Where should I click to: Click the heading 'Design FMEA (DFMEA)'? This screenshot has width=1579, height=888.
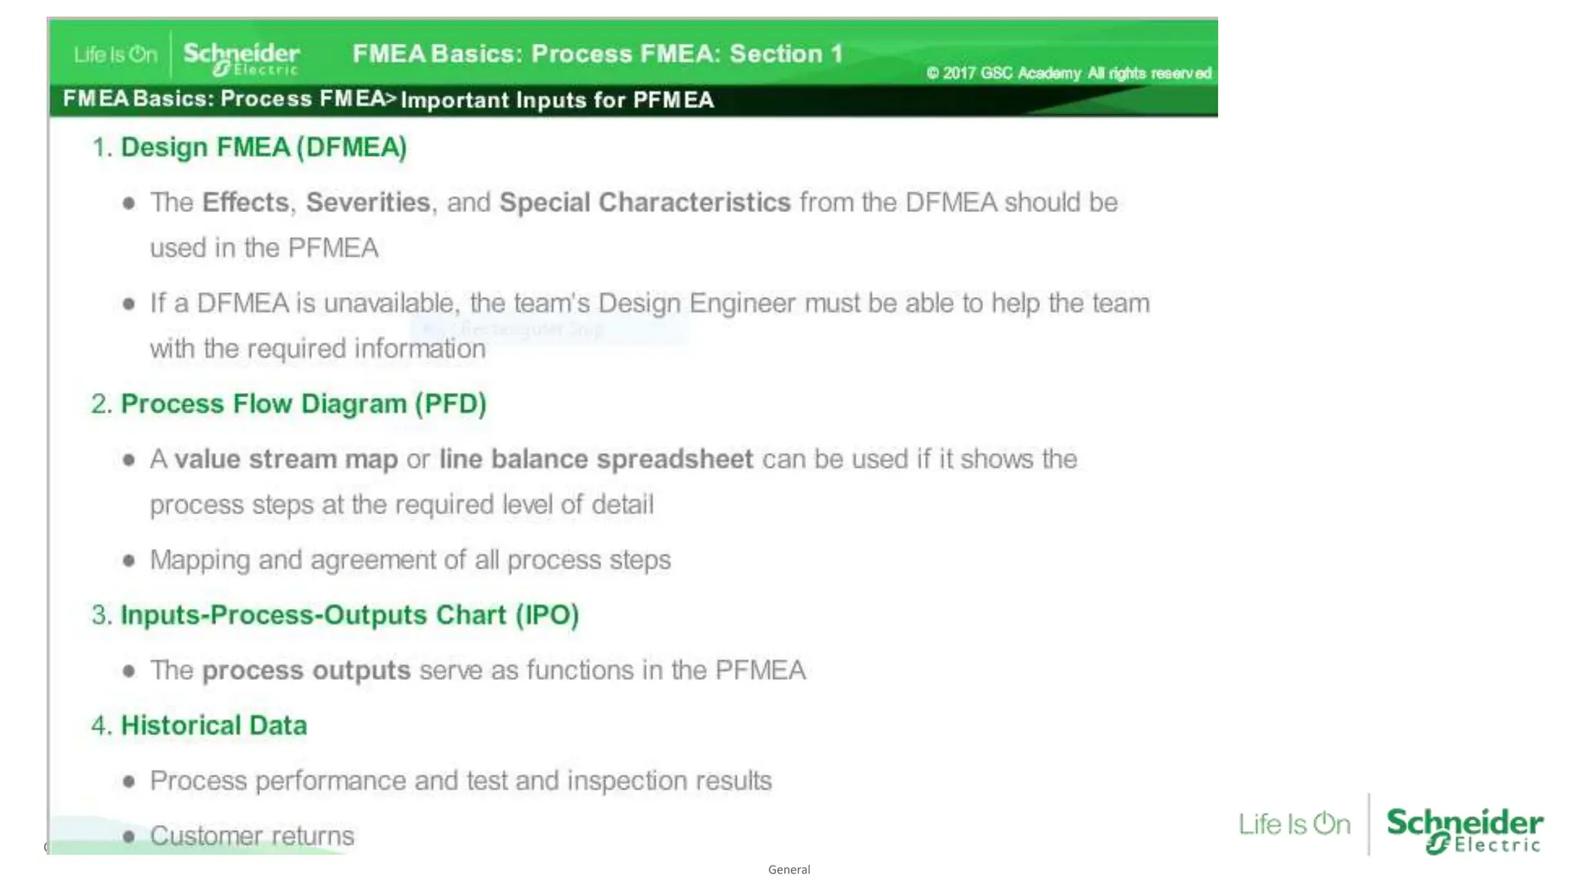coord(263,147)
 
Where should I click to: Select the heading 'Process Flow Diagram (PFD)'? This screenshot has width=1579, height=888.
coord(303,404)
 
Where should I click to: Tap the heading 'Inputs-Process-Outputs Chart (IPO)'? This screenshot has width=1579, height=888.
coord(349,615)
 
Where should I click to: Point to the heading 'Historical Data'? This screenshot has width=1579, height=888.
coord(214,725)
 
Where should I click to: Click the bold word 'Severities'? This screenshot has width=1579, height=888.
coord(368,202)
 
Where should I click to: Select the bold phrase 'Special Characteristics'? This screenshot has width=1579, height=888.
coord(645,202)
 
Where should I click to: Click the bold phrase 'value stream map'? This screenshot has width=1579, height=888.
coord(286,459)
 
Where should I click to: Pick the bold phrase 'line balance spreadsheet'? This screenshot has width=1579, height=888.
coord(596,459)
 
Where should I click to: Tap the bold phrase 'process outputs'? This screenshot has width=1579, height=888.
coord(306,671)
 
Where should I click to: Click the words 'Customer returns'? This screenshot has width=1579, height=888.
coord(252,836)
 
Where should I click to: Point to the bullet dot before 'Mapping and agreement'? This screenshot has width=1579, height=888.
coord(129,560)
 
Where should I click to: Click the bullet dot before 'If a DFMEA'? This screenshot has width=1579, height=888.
coord(129,304)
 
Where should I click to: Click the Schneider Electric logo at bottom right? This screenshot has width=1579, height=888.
coord(1464,829)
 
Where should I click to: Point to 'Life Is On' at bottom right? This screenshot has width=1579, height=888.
coord(1295,824)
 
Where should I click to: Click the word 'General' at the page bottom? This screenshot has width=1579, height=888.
coord(789,869)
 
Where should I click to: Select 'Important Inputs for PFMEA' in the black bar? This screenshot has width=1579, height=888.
coord(557,100)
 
